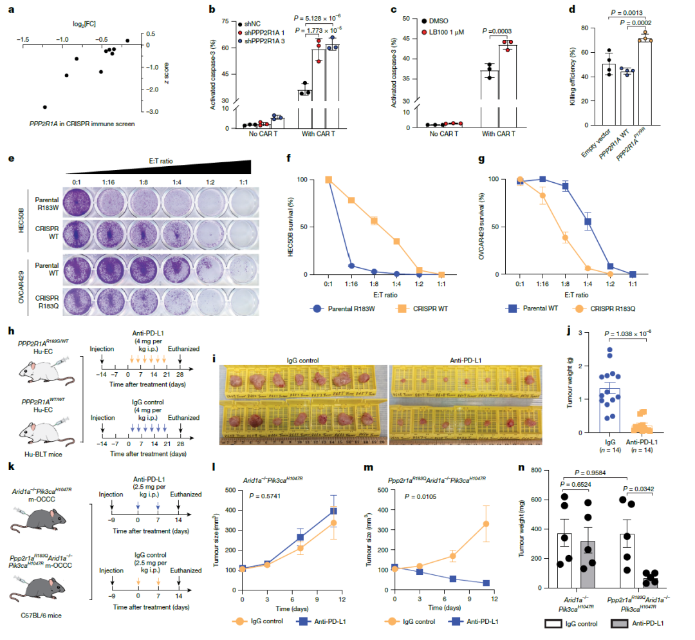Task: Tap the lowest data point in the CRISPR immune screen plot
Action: [45, 107]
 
